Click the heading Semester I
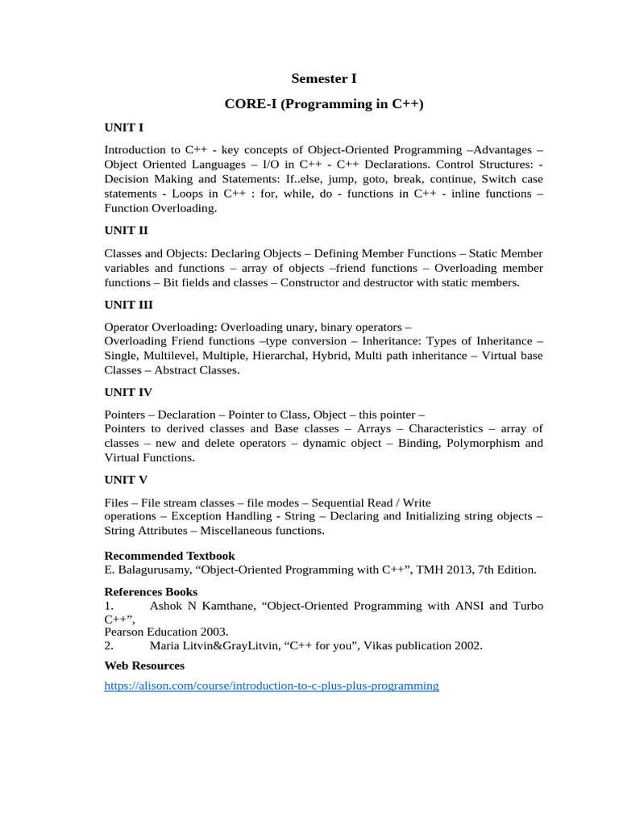(x=323, y=79)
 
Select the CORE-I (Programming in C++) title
(x=323, y=104)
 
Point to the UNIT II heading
(x=127, y=230)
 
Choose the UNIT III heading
(x=129, y=305)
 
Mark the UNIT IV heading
(x=128, y=392)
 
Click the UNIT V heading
(x=126, y=480)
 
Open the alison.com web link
(x=272, y=686)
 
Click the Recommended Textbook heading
(x=170, y=556)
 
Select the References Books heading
(x=152, y=592)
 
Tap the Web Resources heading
(x=144, y=665)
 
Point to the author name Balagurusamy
(x=152, y=569)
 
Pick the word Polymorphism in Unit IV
(x=482, y=443)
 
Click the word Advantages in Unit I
(x=503, y=150)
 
